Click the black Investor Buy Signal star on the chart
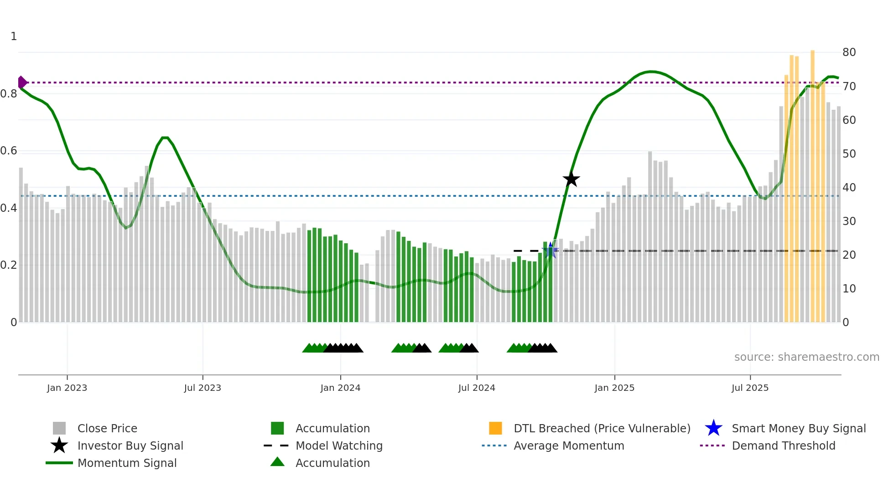571,179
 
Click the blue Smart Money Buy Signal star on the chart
550,250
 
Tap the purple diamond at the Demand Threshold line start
22,82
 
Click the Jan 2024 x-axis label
340,388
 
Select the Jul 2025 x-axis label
750,388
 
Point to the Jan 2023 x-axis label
67,388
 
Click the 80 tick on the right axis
849,52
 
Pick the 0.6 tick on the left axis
9,151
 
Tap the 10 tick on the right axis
849,289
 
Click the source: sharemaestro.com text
806,357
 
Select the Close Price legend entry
107,428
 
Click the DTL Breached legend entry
602,428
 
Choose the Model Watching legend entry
339,446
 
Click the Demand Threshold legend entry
783,446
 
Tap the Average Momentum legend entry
569,446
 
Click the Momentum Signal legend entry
127,463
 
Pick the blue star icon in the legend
713,428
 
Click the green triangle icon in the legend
277,462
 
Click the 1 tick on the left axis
14,36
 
